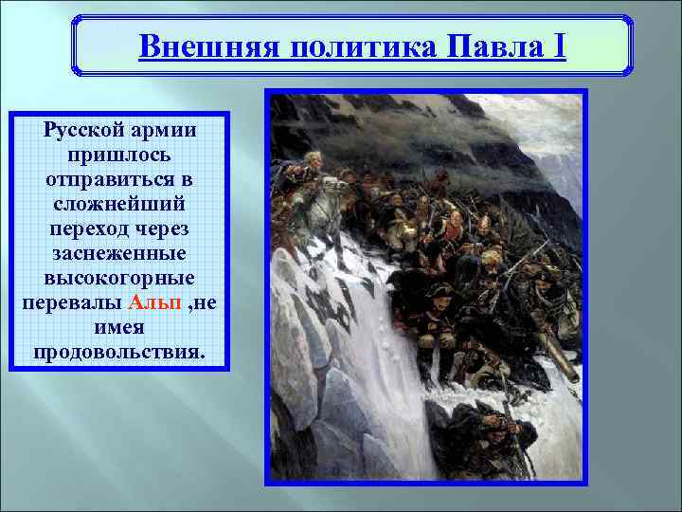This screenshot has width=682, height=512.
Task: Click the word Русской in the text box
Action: [84, 129]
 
